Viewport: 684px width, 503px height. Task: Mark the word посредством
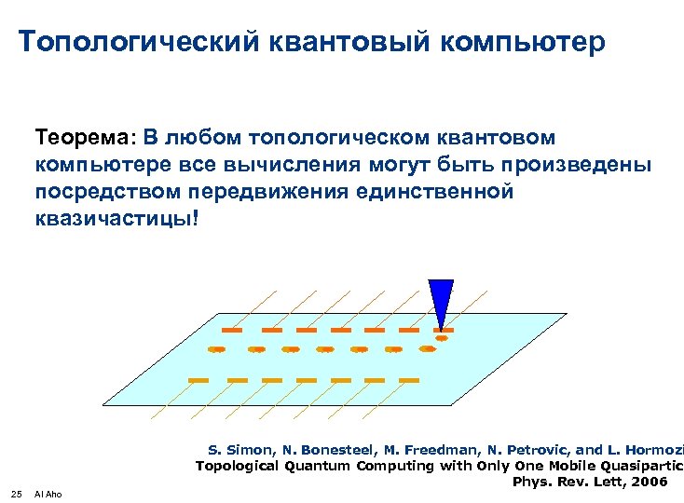pos(98,192)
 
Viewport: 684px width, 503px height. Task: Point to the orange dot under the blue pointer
pos(442,338)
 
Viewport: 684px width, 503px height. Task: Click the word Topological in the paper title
pos(238,466)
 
